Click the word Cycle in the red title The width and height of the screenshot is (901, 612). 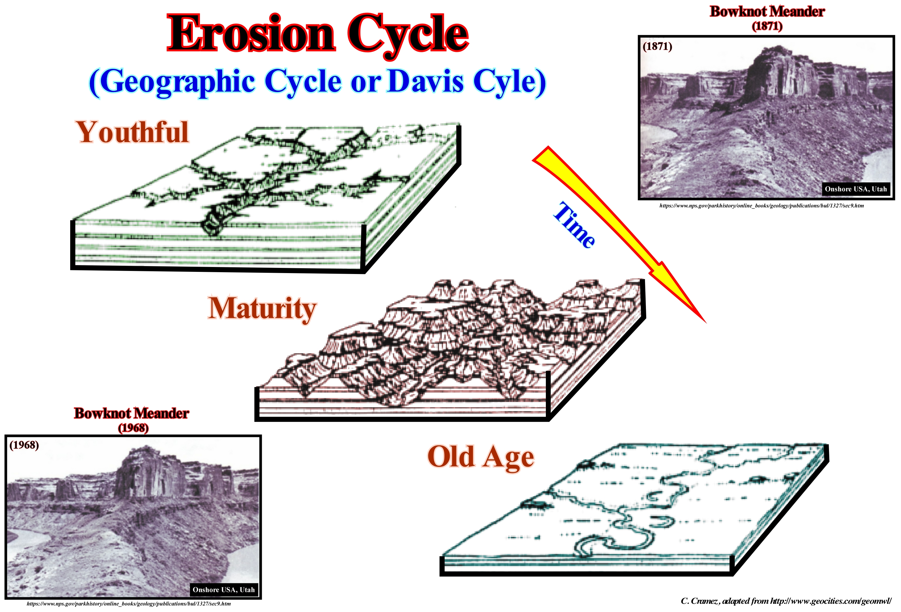[408, 36]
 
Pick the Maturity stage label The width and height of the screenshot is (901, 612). [262, 309]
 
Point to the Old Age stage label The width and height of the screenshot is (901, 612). [481, 457]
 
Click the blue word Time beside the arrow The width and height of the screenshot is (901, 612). [574, 225]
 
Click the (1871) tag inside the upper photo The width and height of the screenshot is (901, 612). [657, 47]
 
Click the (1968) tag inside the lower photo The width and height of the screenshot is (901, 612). [24, 445]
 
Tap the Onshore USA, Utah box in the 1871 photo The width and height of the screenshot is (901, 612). [856, 189]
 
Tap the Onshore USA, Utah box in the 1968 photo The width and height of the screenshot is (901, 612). [224, 589]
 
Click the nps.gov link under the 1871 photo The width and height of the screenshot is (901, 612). [762, 206]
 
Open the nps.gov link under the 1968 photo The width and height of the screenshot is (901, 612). [129, 603]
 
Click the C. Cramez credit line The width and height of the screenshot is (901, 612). [786, 601]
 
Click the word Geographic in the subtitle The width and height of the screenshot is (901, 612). [178, 82]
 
